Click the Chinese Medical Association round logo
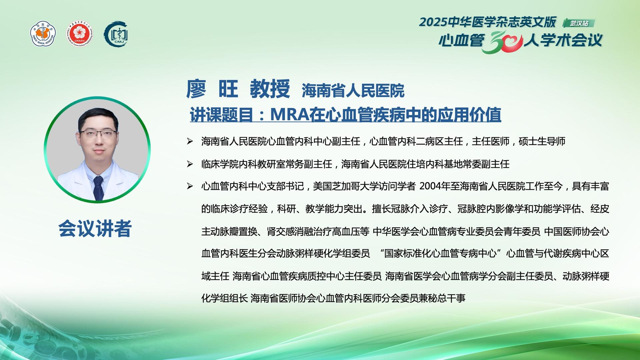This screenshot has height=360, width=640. [43, 34]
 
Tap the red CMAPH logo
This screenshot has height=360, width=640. [80, 34]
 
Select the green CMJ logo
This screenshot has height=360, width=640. [116, 34]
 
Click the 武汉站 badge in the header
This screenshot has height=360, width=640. [579, 23]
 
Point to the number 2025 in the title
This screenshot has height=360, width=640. [433, 22]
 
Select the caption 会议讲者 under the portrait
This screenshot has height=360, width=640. [95, 229]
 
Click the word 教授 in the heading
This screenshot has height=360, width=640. [270, 89]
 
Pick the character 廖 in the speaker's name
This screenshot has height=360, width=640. [196, 89]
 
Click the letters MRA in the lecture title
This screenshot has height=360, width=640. [290, 115]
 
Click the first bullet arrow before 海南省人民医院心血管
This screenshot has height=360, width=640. [190, 141]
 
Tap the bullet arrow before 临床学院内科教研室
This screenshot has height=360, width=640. [190, 164]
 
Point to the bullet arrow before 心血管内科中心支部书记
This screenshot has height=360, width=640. [190, 186]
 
